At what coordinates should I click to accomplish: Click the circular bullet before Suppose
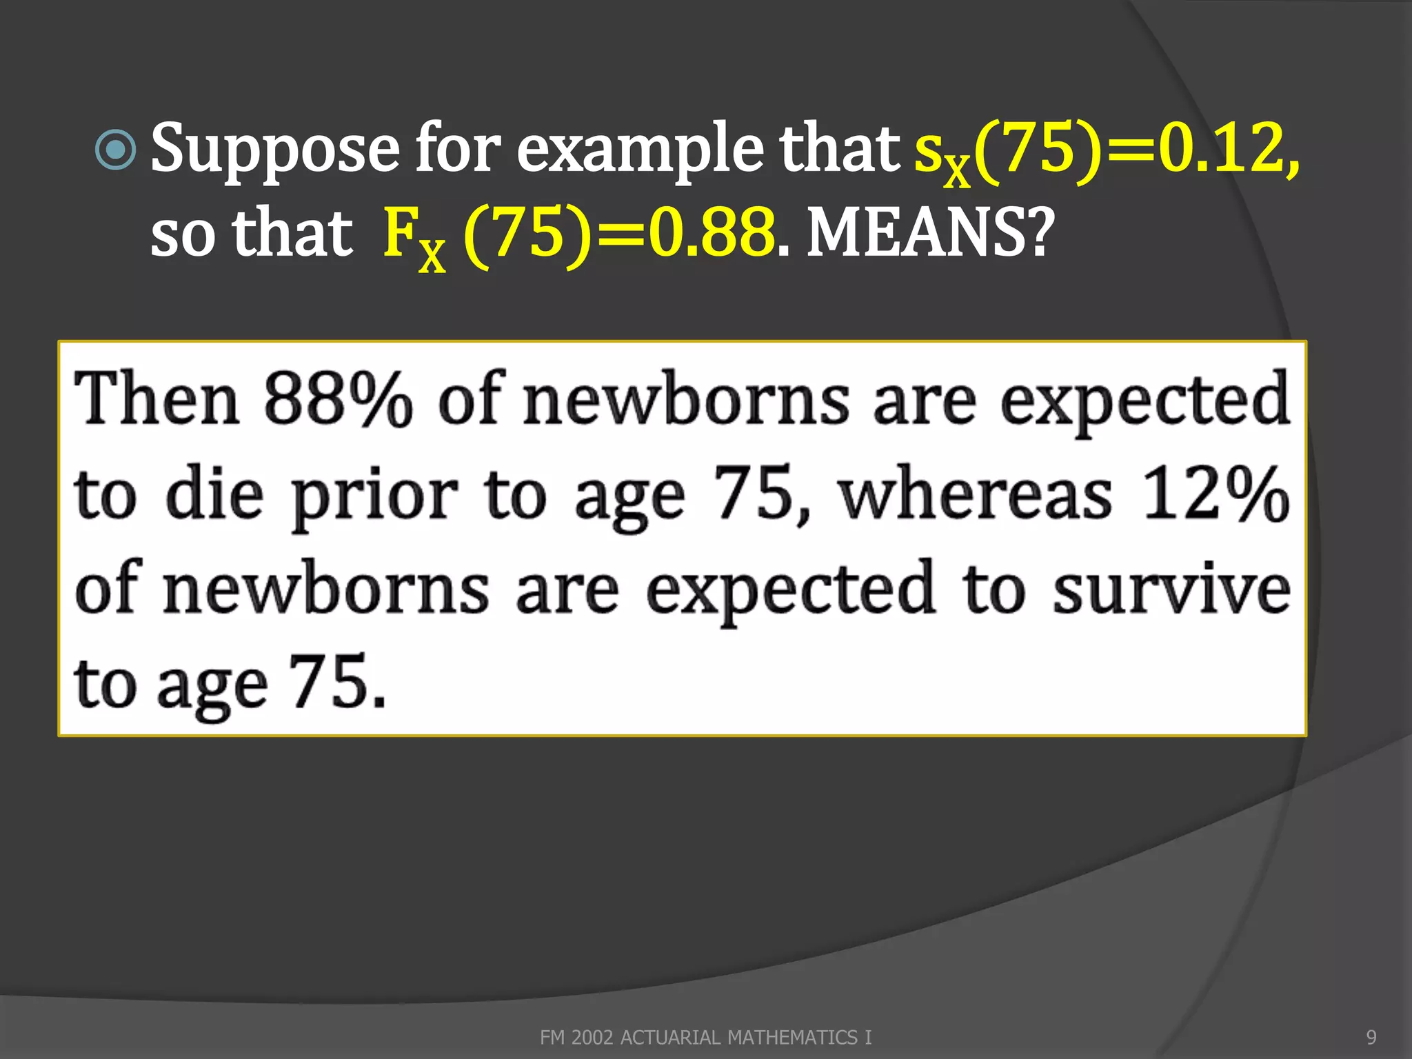115,150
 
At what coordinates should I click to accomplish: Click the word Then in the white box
157,400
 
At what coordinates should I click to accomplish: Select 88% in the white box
338,400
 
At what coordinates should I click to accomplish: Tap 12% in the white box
1216,495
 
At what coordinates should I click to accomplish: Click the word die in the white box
214,495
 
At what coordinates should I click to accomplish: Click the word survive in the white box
1171,590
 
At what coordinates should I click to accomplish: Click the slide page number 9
1371,1037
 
